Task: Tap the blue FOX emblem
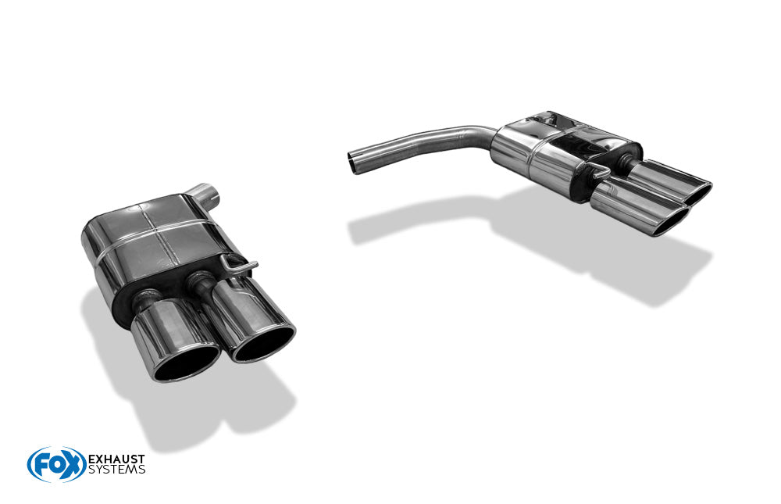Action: (x=56, y=464)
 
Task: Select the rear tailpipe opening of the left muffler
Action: (x=263, y=345)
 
